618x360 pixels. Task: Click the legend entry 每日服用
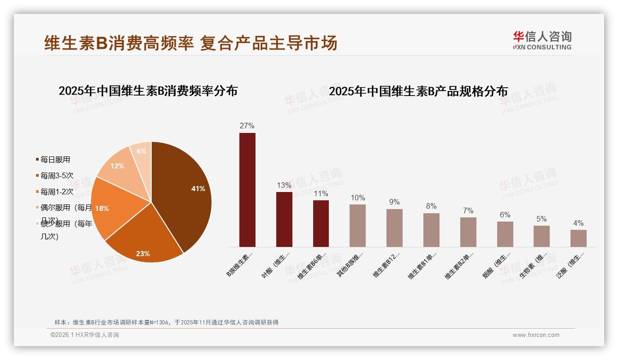[55, 160]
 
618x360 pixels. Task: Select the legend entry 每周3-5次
[57, 176]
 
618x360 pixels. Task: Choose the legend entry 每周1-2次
[57, 192]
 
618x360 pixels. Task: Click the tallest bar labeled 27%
[247, 190]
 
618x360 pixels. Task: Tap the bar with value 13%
[284, 219]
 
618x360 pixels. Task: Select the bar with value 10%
[357, 226]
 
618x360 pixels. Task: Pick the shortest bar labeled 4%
[578, 238]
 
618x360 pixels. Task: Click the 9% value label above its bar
[394, 202]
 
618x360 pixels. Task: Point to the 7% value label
[468, 211]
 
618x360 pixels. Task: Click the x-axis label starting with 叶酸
[276, 265]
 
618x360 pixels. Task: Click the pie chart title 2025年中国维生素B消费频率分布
[148, 91]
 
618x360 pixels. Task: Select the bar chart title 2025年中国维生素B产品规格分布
[418, 91]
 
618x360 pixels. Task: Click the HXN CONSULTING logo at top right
[542, 41]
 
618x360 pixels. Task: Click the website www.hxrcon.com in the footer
[536, 335]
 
